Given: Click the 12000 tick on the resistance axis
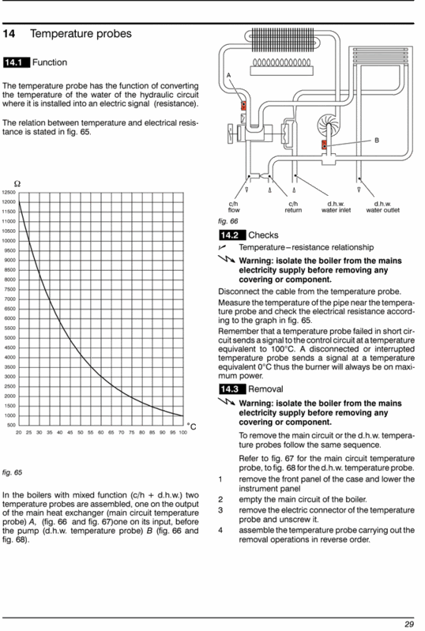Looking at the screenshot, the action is pos(9,202).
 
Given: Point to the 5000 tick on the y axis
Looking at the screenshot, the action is pos(9,338).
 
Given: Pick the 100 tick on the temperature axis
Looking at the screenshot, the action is pos(183,433).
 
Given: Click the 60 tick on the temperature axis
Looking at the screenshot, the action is pos(100,433).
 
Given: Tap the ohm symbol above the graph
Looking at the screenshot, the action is pos(17,184).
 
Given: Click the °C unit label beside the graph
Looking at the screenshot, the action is pos(192,426).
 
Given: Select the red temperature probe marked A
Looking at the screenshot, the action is pos(243,106).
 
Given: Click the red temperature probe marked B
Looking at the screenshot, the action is pos(324,145).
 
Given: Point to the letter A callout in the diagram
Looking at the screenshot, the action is pos(228,75).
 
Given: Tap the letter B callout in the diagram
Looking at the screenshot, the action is pos(377,141).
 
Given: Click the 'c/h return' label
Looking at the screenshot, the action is pos(293,207).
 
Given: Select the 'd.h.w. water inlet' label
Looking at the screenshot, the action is pos(336,207).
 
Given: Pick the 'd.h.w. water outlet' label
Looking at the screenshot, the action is pos(383,207).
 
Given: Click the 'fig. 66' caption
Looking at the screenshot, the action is pos(228,221).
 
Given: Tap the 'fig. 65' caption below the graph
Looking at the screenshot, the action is pos(13,472).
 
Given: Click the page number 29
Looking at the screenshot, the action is pos(409,624).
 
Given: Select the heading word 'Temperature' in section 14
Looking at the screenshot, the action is pos(59,34).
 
